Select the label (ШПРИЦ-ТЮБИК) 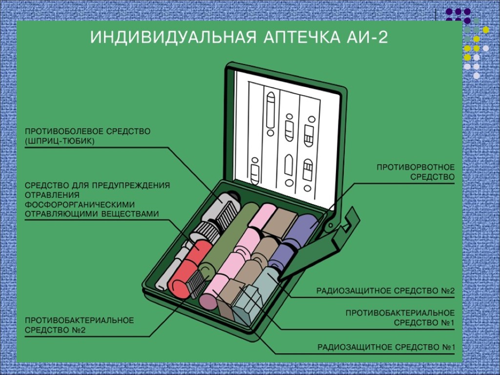click(x=60, y=141)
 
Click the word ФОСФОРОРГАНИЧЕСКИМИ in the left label click(x=80, y=204)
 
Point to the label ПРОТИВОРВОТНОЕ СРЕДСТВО click(x=415, y=172)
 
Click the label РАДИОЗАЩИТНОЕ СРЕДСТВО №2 click(x=385, y=291)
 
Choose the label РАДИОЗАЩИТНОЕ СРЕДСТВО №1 click(x=386, y=348)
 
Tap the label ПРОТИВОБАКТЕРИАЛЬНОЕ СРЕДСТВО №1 click(x=400, y=317)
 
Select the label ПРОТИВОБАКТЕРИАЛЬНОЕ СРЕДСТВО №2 click(x=80, y=325)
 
